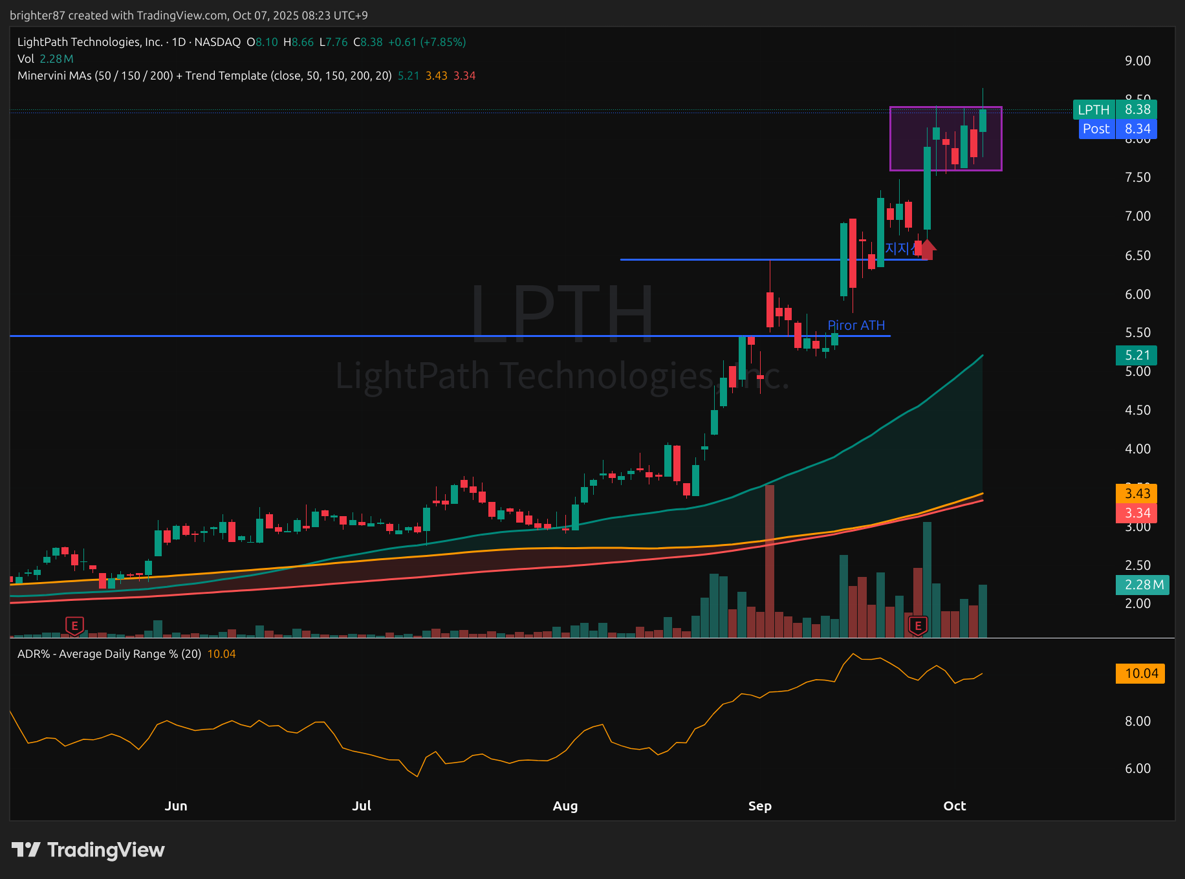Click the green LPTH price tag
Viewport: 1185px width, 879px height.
(x=1114, y=109)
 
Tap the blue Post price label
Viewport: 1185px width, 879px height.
(x=1117, y=129)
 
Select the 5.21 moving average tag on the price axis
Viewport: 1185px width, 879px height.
(x=1136, y=355)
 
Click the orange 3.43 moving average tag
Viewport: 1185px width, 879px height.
(x=1136, y=494)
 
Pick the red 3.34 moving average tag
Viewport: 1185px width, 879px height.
(x=1136, y=513)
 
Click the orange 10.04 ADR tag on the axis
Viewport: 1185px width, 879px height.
(x=1140, y=673)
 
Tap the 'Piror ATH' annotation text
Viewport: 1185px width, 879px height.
(x=856, y=325)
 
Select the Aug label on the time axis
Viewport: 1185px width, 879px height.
(x=565, y=806)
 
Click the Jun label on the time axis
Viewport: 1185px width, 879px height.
(x=176, y=806)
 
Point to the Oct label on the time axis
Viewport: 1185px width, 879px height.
(x=954, y=806)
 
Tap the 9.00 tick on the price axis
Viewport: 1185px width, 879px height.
(x=1137, y=61)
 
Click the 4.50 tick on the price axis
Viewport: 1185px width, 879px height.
(x=1137, y=410)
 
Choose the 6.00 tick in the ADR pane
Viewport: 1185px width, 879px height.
(x=1137, y=768)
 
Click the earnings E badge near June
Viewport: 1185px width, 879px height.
(x=74, y=625)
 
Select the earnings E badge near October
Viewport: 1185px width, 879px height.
(x=917, y=625)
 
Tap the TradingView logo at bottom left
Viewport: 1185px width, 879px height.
(x=88, y=849)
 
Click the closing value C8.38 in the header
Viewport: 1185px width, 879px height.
(x=368, y=42)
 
